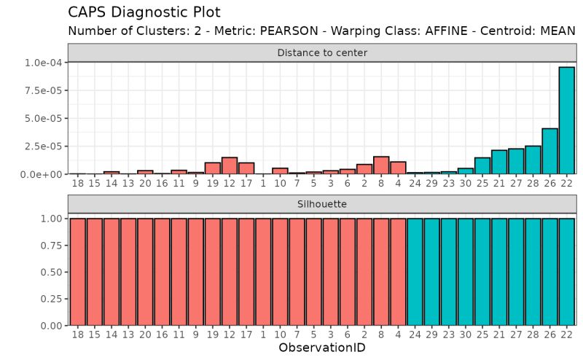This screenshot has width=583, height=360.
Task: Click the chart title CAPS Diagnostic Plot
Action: point(144,12)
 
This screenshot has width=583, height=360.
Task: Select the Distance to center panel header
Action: point(321,52)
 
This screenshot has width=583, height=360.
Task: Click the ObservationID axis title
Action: point(321,348)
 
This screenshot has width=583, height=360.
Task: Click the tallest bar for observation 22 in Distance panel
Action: point(566,120)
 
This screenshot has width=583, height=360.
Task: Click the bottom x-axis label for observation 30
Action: point(466,334)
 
